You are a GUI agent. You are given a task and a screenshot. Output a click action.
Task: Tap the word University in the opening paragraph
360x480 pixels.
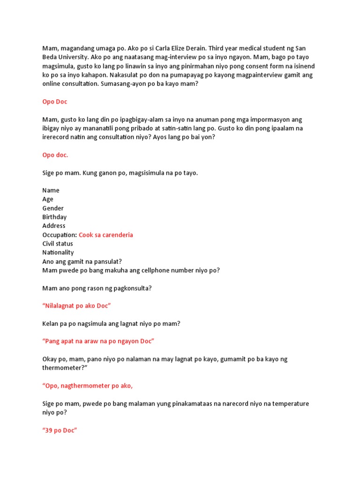pyautogui.click(x=73, y=58)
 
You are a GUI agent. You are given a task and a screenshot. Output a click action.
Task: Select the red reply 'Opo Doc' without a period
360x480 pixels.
pyautogui.click(x=55, y=102)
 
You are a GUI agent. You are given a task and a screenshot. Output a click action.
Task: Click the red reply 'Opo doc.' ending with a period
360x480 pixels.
pyautogui.click(x=55, y=155)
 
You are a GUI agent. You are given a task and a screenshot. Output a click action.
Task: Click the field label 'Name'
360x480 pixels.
pyautogui.click(x=51, y=190)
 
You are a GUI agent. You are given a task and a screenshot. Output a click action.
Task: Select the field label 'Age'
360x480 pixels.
pyautogui.click(x=48, y=199)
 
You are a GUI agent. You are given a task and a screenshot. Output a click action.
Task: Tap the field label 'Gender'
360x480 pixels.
pyautogui.click(x=53, y=208)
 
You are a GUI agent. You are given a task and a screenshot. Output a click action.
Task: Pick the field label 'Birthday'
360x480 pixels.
pyautogui.click(x=54, y=217)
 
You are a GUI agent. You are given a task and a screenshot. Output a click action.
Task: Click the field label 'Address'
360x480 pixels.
pyautogui.click(x=54, y=226)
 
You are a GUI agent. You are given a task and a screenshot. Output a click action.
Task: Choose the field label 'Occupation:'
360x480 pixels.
pyautogui.click(x=60, y=235)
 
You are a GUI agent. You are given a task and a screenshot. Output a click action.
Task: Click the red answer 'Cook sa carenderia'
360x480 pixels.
pyautogui.click(x=106, y=235)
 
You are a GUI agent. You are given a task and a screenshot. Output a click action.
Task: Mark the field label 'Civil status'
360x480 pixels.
pyautogui.click(x=58, y=244)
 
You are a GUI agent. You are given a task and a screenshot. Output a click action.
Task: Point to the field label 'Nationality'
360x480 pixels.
pyautogui.click(x=58, y=253)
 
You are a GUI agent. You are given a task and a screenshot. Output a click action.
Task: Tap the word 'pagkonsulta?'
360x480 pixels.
pyautogui.click(x=133, y=288)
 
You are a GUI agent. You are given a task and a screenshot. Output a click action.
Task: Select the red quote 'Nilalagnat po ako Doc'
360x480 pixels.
pyautogui.click(x=76, y=306)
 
